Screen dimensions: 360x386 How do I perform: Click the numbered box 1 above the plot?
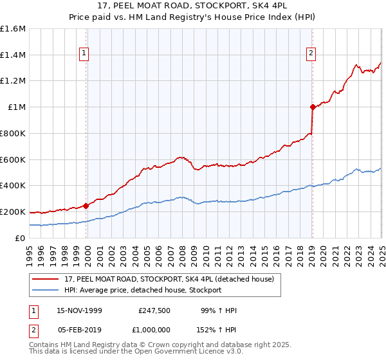[85, 54]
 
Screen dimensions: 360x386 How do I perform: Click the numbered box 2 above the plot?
[311, 54]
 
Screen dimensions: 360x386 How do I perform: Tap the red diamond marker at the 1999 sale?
[86, 206]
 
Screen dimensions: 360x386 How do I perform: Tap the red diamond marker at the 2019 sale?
[313, 107]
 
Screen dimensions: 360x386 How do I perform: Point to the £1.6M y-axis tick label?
[13, 29]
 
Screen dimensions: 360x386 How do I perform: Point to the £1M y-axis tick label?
[16, 107]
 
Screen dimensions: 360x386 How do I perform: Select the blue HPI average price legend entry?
[143, 290]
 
